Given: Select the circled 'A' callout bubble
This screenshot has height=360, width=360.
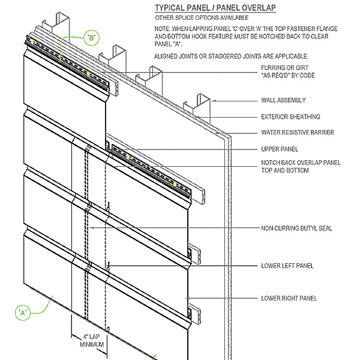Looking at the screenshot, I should pos(23,311).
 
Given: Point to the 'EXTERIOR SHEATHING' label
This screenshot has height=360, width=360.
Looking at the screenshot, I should pos(290,116).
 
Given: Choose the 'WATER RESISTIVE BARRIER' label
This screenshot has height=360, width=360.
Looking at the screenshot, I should pos(298,132).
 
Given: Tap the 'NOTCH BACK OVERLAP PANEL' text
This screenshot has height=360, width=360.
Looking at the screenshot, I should pos(301,163).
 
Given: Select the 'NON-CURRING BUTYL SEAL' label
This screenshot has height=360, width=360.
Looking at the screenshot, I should pos(296,228).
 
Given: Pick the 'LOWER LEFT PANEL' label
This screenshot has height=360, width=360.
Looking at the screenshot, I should pos(287,265).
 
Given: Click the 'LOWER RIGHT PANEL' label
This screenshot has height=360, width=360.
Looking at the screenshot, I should pos(289,298).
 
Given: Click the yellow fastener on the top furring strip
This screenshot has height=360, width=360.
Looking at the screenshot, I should pos(88,73).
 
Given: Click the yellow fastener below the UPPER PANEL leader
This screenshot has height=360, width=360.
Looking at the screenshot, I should pos(128,157).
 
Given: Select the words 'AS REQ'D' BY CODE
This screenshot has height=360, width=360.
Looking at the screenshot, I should pos(288,76).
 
